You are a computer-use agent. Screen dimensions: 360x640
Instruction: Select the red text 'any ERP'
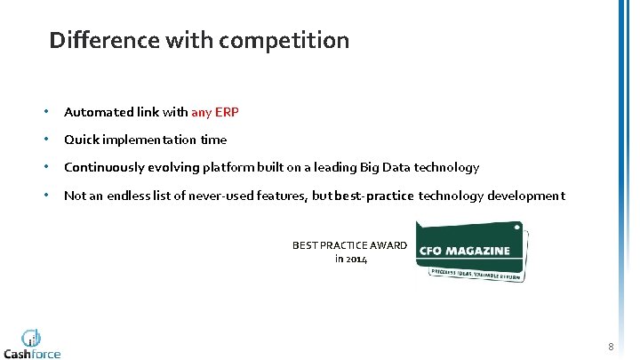(x=215, y=112)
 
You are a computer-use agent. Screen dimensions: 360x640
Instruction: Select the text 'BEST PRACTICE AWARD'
(x=349, y=245)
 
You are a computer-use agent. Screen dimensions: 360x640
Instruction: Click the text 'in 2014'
(x=350, y=259)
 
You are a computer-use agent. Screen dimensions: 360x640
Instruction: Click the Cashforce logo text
(x=33, y=353)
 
